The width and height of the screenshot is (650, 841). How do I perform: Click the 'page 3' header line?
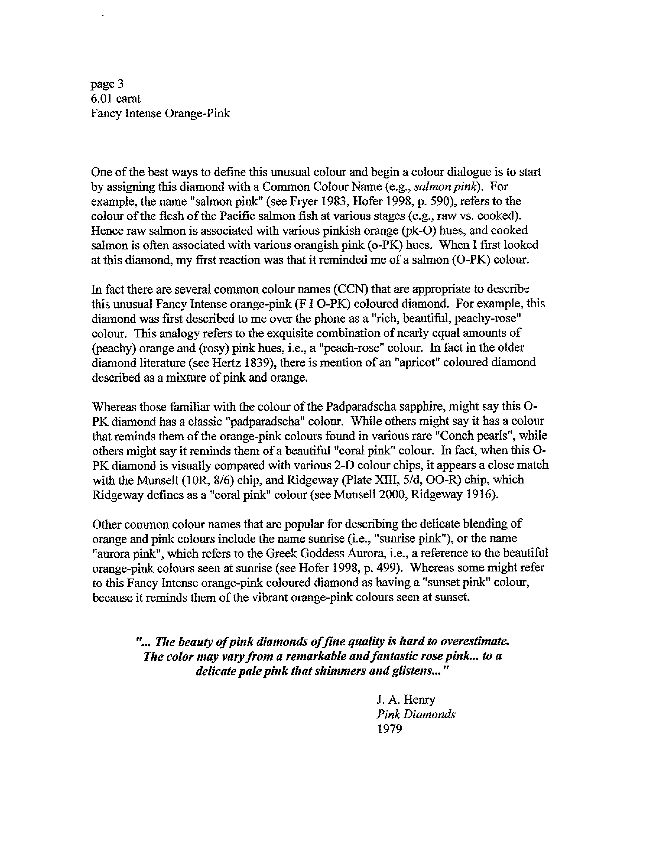(x=107, y=84)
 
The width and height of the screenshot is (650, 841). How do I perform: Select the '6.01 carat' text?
(x=115, y=99)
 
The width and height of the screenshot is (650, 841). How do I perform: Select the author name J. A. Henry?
(x=406, y=700)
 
